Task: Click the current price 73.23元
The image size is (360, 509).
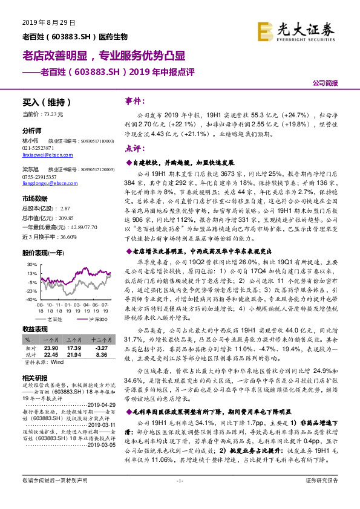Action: pyautogui.click(x=46, y=114)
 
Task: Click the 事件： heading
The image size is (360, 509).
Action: pyautogui.click(x=135, y=101)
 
